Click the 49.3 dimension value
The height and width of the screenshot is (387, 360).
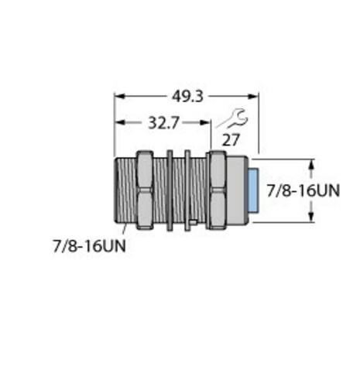coord(187,97)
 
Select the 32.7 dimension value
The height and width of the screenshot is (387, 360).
coord(163,123)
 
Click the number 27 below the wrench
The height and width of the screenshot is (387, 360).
coord(231,140)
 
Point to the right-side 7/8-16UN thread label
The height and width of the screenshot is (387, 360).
coord(303,190)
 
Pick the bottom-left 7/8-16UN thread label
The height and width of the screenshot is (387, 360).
coord(89,245)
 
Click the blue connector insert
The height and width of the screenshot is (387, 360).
coord(254,190)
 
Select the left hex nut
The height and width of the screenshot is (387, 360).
coord(145,190)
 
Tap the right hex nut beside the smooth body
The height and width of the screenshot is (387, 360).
coord(217,190)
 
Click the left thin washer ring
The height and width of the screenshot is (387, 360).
coord(170,190)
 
